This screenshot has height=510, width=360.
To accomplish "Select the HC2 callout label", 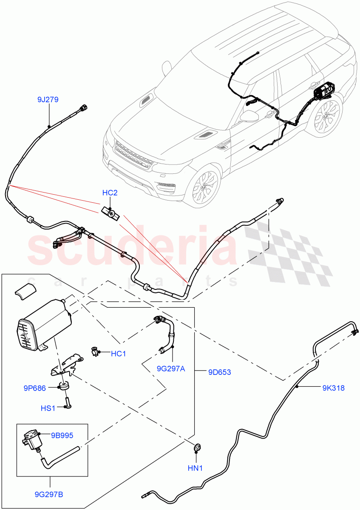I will tap(110, 193).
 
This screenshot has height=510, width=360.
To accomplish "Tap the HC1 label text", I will tap(119, 353).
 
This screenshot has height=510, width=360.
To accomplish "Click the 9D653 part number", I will tap(220, 372).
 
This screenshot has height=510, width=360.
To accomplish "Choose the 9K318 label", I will tap(333, 388).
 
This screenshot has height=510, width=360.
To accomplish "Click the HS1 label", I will tap(48, 408).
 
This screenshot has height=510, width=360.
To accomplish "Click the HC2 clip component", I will tap(111, 212).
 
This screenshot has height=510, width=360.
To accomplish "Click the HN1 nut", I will tap(196, 448).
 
